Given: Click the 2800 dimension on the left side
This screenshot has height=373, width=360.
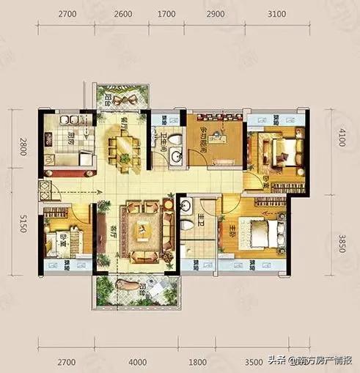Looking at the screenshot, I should [x=23, y=147].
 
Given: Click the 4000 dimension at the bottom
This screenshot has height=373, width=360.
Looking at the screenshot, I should [x=138, y=361].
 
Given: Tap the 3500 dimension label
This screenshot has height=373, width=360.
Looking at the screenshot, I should [x=254, y=361].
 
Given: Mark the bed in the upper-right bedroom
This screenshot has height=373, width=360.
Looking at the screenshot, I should [x=284, y=152].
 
